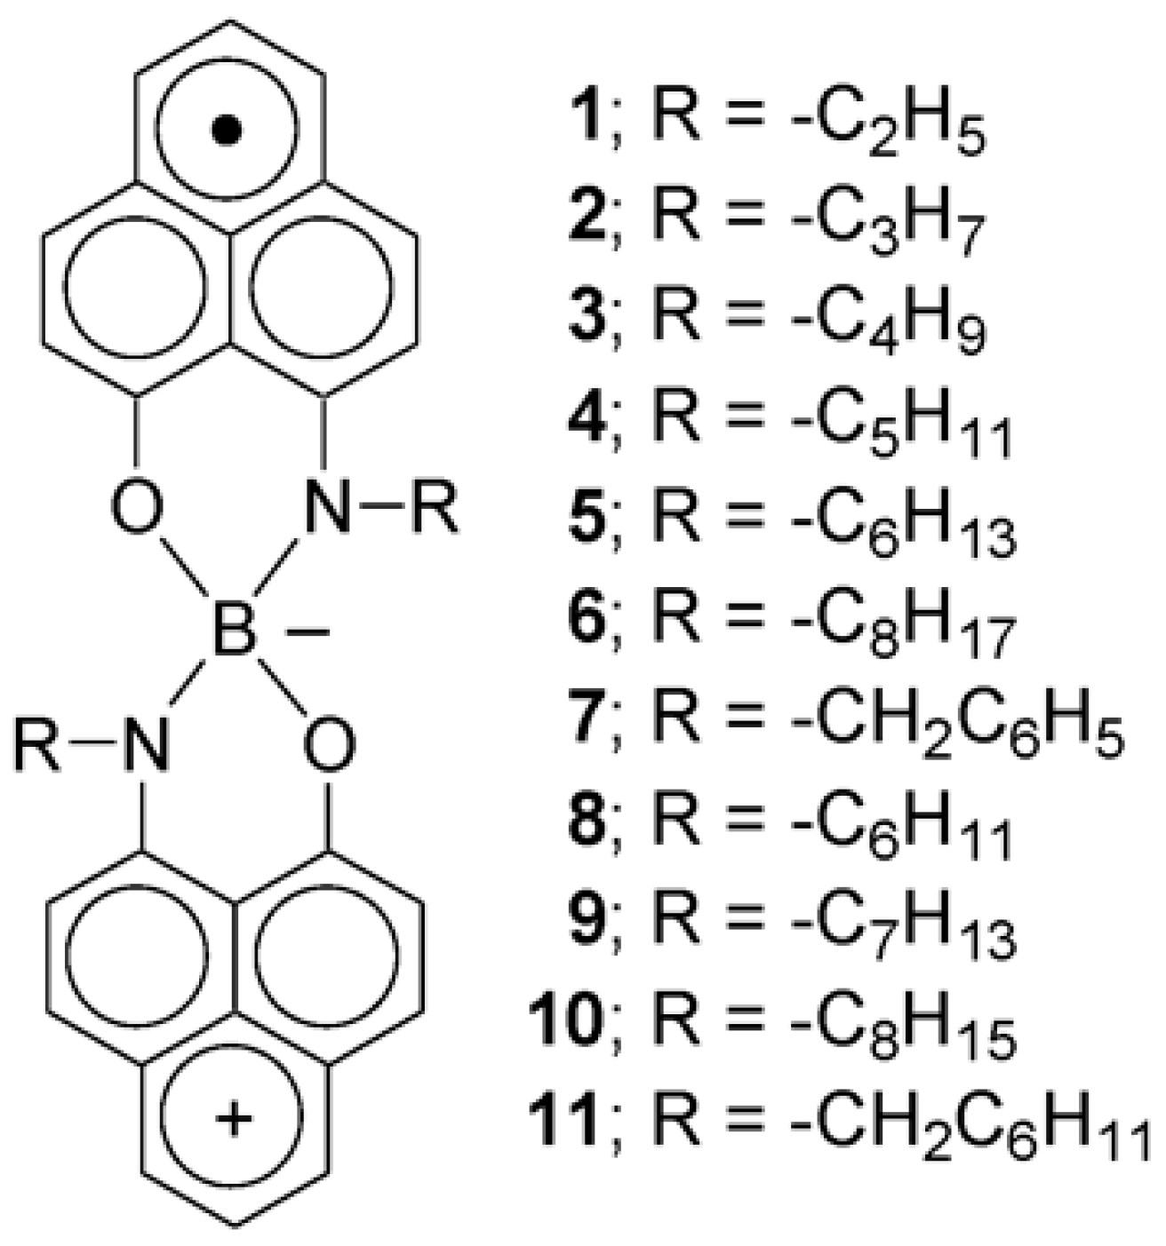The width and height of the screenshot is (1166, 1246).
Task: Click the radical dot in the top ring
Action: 228,131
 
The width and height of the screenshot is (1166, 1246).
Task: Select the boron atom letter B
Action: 234,631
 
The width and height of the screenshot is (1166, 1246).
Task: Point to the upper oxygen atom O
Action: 138,510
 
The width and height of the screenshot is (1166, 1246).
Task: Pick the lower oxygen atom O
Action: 329,745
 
